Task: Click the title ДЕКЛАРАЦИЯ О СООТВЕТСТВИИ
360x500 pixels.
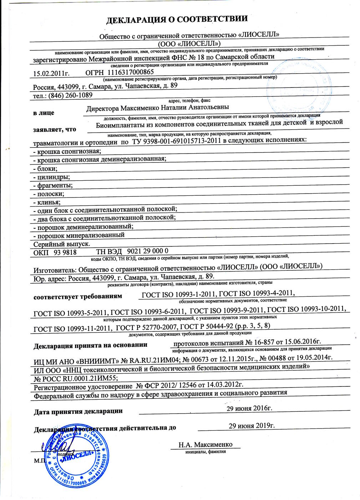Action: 177,20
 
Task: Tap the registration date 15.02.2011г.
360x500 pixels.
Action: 51,74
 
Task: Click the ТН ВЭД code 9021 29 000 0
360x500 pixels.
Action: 148,251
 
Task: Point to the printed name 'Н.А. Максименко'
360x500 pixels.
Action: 206,445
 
